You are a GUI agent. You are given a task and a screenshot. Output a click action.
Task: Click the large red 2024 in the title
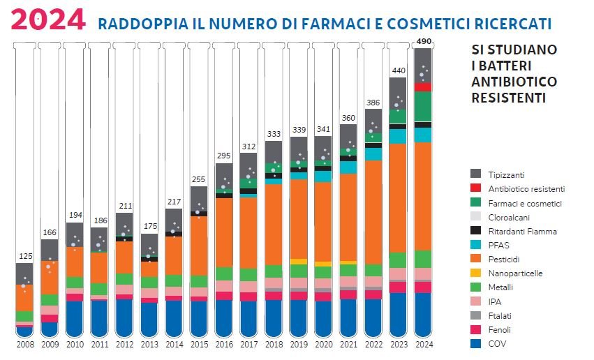coord(49,20)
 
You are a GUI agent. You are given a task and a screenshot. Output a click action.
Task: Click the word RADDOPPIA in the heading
coord(134,24)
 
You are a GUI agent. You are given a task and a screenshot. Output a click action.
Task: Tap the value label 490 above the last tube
coord(423,41)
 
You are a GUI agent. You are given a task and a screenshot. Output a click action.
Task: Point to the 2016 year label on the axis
coord(224,344)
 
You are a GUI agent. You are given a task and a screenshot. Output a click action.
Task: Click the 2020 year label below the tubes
coord(323,344)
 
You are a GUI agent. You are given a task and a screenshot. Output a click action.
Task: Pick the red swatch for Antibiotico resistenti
coord(476,188)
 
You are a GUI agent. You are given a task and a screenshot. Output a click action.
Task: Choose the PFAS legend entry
coord(498,245)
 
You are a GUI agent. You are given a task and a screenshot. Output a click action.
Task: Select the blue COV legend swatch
coord(476,343)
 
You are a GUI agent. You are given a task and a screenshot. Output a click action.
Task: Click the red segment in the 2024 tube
coord(423,87)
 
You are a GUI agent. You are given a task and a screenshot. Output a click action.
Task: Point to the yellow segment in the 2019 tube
coord(299,262)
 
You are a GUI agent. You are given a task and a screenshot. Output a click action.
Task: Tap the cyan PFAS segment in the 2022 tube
coord(373,154)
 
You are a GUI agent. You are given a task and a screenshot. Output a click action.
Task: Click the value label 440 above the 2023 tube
coord(398,70)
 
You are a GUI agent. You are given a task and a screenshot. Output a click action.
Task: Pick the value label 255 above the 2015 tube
coord(199,179)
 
